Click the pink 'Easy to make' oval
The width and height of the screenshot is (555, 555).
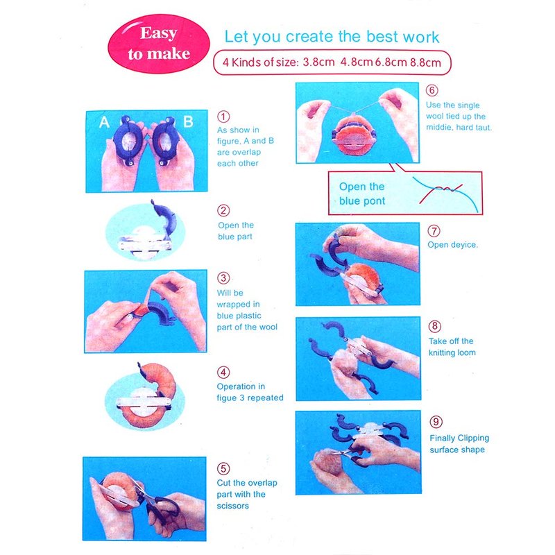pos(159,44)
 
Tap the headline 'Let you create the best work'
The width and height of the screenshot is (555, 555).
pos(332,37)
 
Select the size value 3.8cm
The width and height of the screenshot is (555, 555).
pos(318,62)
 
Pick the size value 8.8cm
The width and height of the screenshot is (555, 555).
pos(425,62)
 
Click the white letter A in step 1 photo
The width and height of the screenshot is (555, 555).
pos(104,122)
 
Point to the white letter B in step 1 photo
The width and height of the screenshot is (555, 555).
pos(188,122)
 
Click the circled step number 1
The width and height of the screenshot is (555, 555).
pos(223,117)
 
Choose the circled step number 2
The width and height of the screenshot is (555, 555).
pos(223,210)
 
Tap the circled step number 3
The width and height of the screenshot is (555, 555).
pos(223,278)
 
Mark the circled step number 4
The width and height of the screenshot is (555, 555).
pos(223,373)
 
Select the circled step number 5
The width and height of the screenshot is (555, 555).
pos(223,469)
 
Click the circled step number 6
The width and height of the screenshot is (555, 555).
pos(432,90)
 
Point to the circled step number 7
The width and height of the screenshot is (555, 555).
pos(434,231)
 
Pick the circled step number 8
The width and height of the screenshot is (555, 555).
pos(435,326)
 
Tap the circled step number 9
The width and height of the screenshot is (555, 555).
pos(436,422)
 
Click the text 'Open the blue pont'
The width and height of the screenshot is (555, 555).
pos(361,194)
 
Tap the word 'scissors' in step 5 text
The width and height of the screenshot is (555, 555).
pos(232,506)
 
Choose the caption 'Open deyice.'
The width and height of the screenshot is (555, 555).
pos(453,245)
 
